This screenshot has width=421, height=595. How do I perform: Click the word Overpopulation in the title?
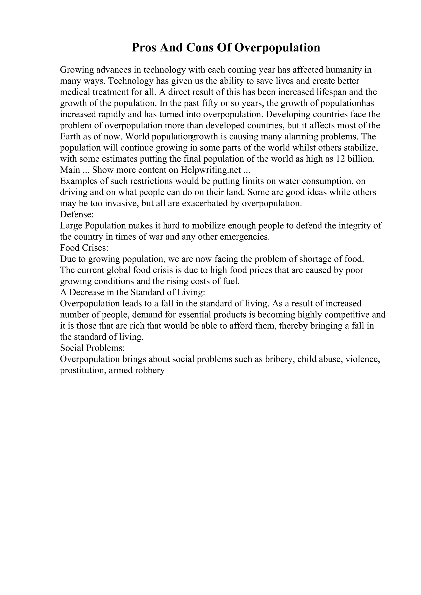tap(277, 48)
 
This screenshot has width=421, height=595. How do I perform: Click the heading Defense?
tap(77, 214)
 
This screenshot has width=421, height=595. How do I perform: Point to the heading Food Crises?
tap(84, 248)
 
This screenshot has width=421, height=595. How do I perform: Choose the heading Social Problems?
tap(92, 348)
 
